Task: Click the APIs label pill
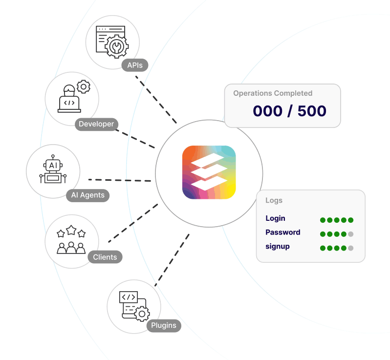135,65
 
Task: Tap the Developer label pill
97,124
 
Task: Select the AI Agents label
88,195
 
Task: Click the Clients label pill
105,257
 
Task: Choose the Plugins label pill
164,325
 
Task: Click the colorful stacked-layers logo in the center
209,172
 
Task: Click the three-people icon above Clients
71,240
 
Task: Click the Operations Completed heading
273,93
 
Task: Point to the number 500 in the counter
311,111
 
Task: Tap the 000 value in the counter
268,111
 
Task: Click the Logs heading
274,200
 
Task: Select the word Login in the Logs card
276,218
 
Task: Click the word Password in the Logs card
283,233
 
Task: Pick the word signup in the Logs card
278,246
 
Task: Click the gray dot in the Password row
350,234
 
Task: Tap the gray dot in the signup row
350,248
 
